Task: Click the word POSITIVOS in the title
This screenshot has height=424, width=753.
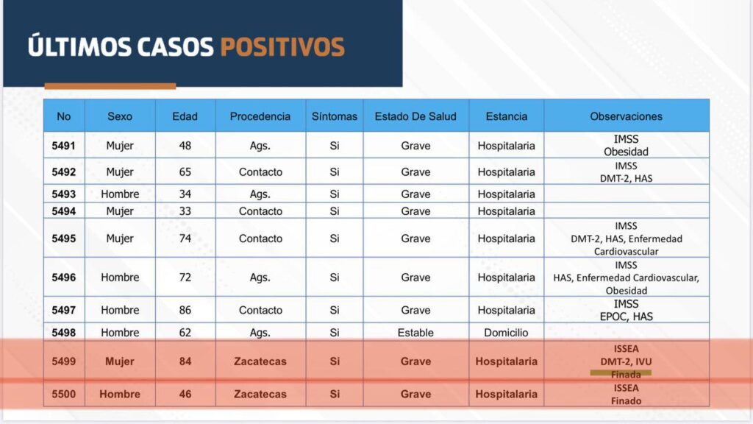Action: click(x=282, y=46)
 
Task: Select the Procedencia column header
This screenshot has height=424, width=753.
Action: click(x=260, y=116)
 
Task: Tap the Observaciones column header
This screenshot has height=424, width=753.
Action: click(x=626, y=116)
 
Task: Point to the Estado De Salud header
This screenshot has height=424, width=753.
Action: click(x=415, y=116)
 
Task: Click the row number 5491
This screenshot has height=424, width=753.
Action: click(x=63, y=146)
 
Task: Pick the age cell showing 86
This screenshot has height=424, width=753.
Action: click(x=185, y=310)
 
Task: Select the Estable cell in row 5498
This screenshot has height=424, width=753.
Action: click(x=415, y=333)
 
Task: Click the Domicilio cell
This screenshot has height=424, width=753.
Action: click(x=506, y=333)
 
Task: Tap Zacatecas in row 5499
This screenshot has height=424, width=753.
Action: click(x=260, y=361)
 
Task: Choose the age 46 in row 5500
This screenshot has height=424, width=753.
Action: click(x=185, y=394)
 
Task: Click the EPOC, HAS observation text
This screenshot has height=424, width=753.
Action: click(x=626, y=317)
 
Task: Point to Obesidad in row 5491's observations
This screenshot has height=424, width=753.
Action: click(x=626, y=152)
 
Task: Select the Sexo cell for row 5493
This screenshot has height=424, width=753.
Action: click(x=120, y=194)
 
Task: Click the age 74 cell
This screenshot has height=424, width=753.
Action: click(x=185, y=239)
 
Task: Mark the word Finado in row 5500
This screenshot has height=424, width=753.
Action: click(x=626, y=400)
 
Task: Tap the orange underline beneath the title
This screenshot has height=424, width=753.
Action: click(x=110, y=86)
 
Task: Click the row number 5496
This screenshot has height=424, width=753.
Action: click(x=63, y=278)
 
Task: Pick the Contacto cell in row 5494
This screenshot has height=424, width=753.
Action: click(x=260, y=211)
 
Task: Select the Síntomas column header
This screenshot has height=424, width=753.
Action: click(x=334, y=116)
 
